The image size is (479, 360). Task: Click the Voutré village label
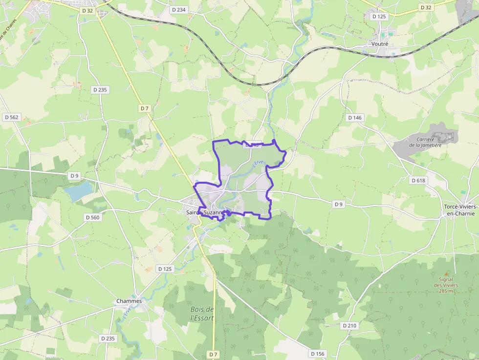click(x=379, y=44)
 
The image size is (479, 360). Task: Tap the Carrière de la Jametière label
click(x=426, y=142)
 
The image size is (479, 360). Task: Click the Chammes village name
click(x=129, y=301)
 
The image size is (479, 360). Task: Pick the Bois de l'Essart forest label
click(x=202, y=313)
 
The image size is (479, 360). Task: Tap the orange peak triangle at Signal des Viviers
click(x=446, y=274)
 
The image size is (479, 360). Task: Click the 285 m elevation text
click(x=446, y=291)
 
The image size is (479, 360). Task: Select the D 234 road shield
click(x=179, y=10)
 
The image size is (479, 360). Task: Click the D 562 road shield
click(x=11, y=117)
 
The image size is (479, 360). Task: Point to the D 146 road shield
click(x=355, y=118)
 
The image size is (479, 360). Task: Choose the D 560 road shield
click(x=92, y=217)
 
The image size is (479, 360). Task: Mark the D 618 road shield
click(x=418, y=180)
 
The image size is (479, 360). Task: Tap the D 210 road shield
click(x=349, y=325)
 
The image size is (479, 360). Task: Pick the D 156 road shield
click(x=317, y=353)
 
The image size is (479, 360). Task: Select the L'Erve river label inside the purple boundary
click(x=258, y=165)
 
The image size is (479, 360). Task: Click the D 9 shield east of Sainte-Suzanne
click(x=338, y=204)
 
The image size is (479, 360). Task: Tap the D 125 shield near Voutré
click(x=379, y=17)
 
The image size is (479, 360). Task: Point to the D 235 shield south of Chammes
click(x=108, y=338)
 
